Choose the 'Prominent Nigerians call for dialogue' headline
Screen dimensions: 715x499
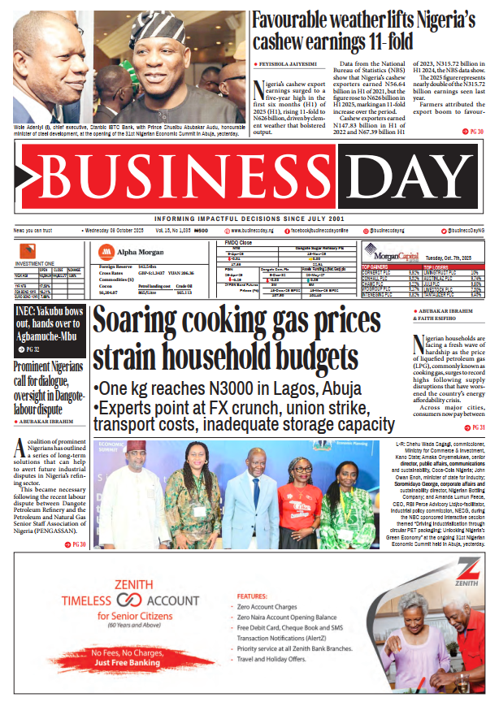coord(48,379)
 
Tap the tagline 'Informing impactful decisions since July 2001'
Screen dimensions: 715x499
coord(249,219)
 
